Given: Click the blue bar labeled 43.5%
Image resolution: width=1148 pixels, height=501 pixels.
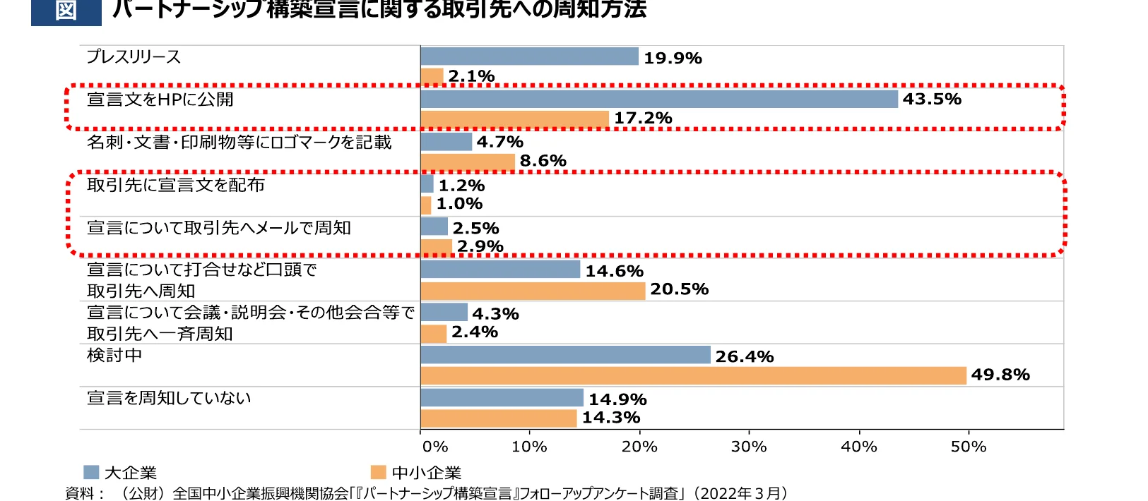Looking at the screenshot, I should [x=658, y=99].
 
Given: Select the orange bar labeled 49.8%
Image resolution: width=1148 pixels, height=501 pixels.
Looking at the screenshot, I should [x=693, y=375].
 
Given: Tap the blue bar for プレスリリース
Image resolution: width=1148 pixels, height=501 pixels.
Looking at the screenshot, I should [x=529, y=56].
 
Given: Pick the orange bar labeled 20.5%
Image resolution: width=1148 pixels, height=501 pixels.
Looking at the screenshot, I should [x=533, y=290].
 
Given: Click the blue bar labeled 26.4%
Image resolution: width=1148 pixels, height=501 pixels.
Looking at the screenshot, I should [x=565, y=355].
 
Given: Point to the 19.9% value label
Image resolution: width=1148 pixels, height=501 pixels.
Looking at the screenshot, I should [x=673, y=58].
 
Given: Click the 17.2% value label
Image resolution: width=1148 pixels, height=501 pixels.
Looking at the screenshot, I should [x=643, y=118].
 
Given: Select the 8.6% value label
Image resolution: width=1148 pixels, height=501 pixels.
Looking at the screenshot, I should [x=543, y=161].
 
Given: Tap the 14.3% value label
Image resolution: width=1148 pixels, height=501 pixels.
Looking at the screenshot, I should [x=610, y=417].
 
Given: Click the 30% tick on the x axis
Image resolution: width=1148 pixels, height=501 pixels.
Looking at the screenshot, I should [x=749, y=447].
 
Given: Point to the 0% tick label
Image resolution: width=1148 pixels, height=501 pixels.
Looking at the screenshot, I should [x=435, y=447].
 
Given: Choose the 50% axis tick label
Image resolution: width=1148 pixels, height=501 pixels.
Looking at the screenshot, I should [x=969, y=447].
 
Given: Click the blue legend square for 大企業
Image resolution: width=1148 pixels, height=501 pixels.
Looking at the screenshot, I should [x=91, y=472].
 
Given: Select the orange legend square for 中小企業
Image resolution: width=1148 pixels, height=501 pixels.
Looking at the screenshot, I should [x=379, y=472].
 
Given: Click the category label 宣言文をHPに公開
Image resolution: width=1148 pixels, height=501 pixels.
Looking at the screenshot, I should [x=160, y=99].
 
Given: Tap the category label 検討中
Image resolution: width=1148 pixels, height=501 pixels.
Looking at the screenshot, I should [x=114, y=355].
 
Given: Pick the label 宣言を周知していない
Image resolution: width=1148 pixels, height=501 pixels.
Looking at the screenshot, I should [x=169, y=398].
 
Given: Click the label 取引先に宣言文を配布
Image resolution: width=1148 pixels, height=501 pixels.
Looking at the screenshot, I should [x=176, y=185].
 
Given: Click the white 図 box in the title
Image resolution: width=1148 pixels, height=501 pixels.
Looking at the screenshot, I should [x=66, y=11].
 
